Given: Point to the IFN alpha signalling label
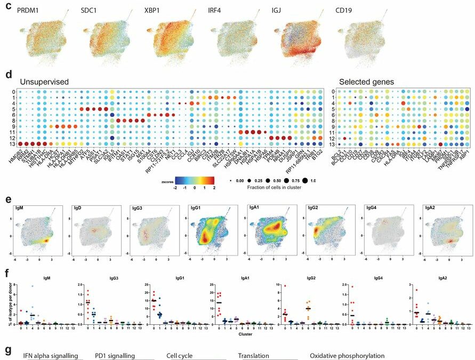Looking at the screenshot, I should point(51,356).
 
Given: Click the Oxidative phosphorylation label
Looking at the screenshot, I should point(347,356).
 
